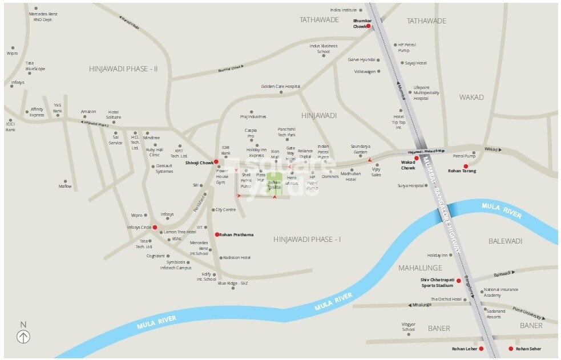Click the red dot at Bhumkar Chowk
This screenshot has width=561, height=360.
click(x=368, y=26)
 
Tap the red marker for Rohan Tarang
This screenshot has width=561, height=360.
click(x=466, y=166)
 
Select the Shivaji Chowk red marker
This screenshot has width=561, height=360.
click(x=216, y=162)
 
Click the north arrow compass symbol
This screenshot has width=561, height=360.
click(x=23, y=337)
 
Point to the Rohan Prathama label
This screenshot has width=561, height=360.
click(x=236, y=234)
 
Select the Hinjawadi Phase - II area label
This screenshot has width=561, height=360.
click(x=123, y=68)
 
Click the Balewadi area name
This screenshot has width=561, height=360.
click(x=505, y=241)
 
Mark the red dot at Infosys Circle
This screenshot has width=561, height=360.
click(x=155, y=227)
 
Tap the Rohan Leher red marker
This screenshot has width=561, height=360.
click(x=481, y=348)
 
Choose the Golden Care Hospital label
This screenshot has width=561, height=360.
click(x=280, y=87)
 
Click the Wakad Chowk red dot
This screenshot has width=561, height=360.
click(x=417, y=158)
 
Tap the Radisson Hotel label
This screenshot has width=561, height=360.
click(x=236, y=257)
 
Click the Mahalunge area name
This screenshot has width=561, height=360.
click(x=419, y=267)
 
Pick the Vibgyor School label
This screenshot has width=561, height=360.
click(x=408, y=327)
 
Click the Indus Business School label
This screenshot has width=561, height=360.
click(x=324, y=48)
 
